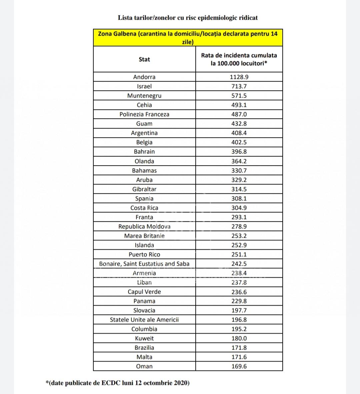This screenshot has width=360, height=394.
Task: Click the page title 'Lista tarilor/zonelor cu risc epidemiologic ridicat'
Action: click(x=188, y=18)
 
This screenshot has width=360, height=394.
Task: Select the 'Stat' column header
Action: click(x=144, y=59)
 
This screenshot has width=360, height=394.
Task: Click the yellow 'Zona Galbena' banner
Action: click(x=188, y=38)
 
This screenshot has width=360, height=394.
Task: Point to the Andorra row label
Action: click(x=144, y=77)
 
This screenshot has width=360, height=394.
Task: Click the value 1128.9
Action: click(x=239, y=77)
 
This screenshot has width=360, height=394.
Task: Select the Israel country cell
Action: click(x=144, y=86)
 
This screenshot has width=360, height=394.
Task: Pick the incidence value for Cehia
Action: click(x=239, y=105)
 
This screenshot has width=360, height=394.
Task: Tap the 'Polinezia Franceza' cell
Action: click(x=144, y=114)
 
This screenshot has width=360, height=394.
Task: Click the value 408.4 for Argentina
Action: click(x=239, y=133)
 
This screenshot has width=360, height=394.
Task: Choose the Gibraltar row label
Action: click(x=144, y=189)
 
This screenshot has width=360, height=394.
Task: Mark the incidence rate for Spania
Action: click(x=239, y=198)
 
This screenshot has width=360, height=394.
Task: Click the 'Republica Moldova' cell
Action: click(x=144, y=226)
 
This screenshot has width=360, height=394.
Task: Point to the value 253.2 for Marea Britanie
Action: click(x=239, y=236)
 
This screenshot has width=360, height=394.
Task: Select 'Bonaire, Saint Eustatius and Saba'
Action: click(x=144, y=264)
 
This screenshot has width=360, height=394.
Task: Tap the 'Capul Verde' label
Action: click(x=144, y=292)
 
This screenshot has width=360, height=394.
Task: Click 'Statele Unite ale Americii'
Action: click(x=144, y=320)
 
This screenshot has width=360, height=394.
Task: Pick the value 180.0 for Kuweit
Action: click(x=239, y=338)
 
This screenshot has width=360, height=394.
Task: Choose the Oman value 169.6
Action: click(x=239, y=366)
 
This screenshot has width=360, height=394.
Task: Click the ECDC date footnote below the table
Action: click(x=118, y=383)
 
